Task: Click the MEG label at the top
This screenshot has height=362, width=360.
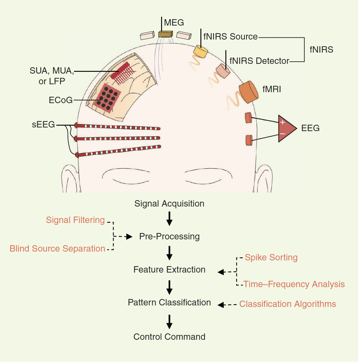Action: [174, 23]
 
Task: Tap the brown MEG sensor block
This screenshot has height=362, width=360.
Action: [165, 34]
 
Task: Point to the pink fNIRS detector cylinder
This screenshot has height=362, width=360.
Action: [223, 71]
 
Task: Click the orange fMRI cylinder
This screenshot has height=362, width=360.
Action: [249, 92]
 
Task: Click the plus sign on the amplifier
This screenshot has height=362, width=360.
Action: [283, 122]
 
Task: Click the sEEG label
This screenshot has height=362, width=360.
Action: [43, 125]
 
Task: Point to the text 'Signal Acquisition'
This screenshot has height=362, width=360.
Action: [169, 204]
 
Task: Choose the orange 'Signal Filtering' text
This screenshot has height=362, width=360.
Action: [75, 220]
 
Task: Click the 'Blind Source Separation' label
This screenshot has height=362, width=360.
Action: [57, 249]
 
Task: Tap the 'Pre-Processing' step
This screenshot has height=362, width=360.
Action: [169, 236]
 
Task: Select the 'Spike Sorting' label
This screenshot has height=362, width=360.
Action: [271, 257]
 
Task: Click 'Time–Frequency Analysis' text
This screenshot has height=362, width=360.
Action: [294, 284]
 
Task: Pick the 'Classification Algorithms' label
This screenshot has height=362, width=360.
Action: [288, 304]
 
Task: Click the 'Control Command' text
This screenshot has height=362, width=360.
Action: [169, 337]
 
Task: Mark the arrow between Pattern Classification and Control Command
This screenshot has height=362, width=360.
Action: [169, 321]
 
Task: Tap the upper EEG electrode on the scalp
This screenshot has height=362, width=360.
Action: [249, 118]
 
